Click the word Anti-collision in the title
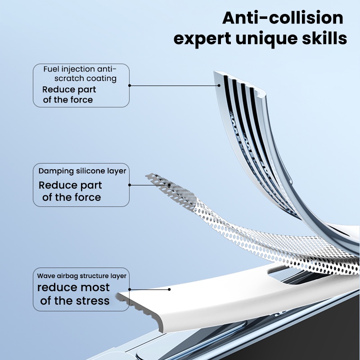(x=283, y=18)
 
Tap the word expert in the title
(x=202, y=39)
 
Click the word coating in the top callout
(x=104, y=78)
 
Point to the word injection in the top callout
(x=76, y=69)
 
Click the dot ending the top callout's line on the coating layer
(x=219, y=85)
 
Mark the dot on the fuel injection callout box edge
(x=130, y=85)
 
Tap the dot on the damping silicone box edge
(x=130, y=185)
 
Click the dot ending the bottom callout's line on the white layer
(x=169, y=289)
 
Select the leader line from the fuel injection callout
(x=174, y=85)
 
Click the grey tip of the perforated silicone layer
(x=150, y=176)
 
